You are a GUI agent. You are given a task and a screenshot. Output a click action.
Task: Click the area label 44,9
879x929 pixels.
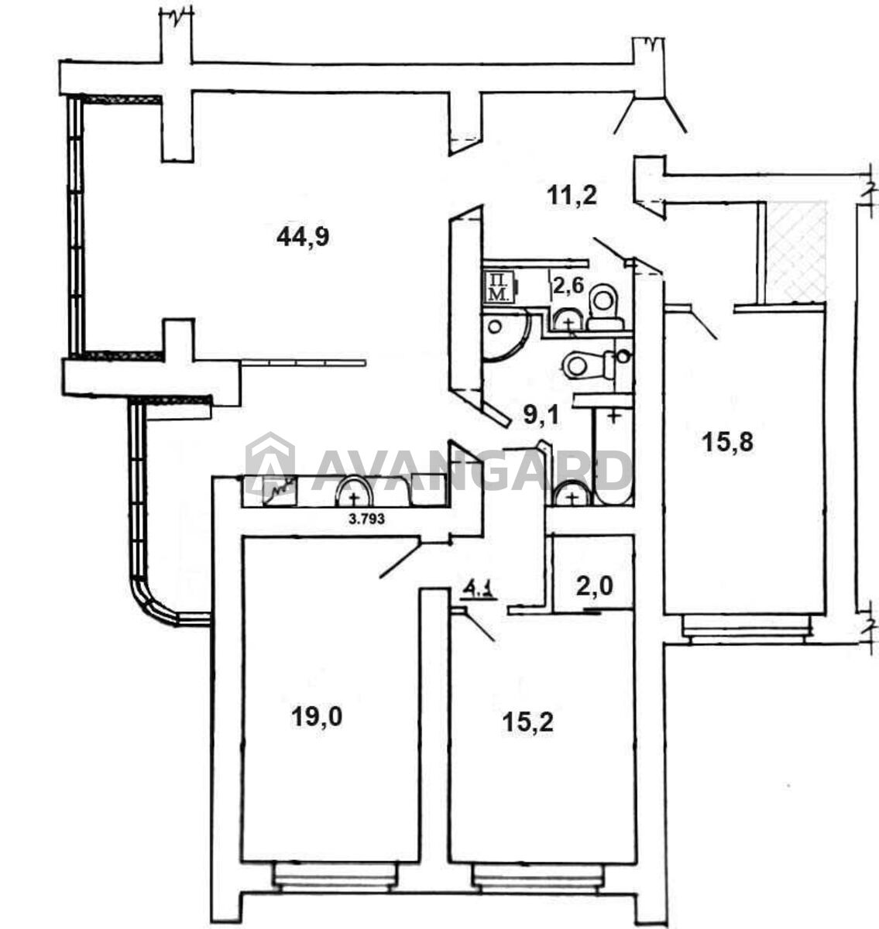[303, 237]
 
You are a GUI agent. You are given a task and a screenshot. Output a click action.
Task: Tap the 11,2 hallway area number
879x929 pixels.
[572, 195]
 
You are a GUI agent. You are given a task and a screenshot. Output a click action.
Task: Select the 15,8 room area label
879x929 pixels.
[727, 443]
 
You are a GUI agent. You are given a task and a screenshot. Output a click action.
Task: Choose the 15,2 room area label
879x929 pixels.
[527, 722]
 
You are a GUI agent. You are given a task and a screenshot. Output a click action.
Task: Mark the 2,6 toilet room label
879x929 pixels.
[568, 286]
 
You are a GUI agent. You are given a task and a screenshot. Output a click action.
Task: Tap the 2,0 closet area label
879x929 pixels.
[594, 586]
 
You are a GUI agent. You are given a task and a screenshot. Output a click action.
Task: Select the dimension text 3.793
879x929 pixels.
[366, 519]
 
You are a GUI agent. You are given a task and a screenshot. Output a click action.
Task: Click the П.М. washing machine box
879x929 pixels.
[500, 286]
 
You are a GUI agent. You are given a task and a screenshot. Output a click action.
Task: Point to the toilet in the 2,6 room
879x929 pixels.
[605, 308]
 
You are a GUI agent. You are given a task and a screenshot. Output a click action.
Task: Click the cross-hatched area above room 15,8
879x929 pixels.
[796, 252]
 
